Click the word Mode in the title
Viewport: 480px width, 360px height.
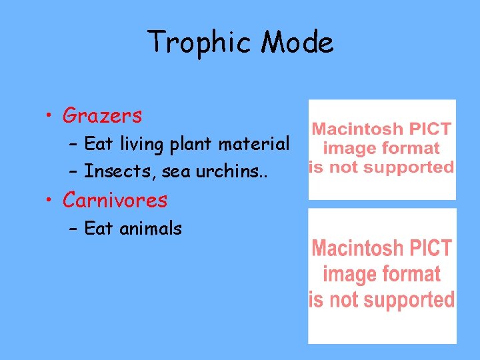[297, 43]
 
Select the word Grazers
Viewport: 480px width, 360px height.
[102, 116]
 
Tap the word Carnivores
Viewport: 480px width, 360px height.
[115, 200]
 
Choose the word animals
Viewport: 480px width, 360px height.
[150, 229]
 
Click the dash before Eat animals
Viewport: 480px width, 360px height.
[73, 229]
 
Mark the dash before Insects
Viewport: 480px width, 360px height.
[73, 172]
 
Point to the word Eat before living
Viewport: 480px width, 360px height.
[98, 144]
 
